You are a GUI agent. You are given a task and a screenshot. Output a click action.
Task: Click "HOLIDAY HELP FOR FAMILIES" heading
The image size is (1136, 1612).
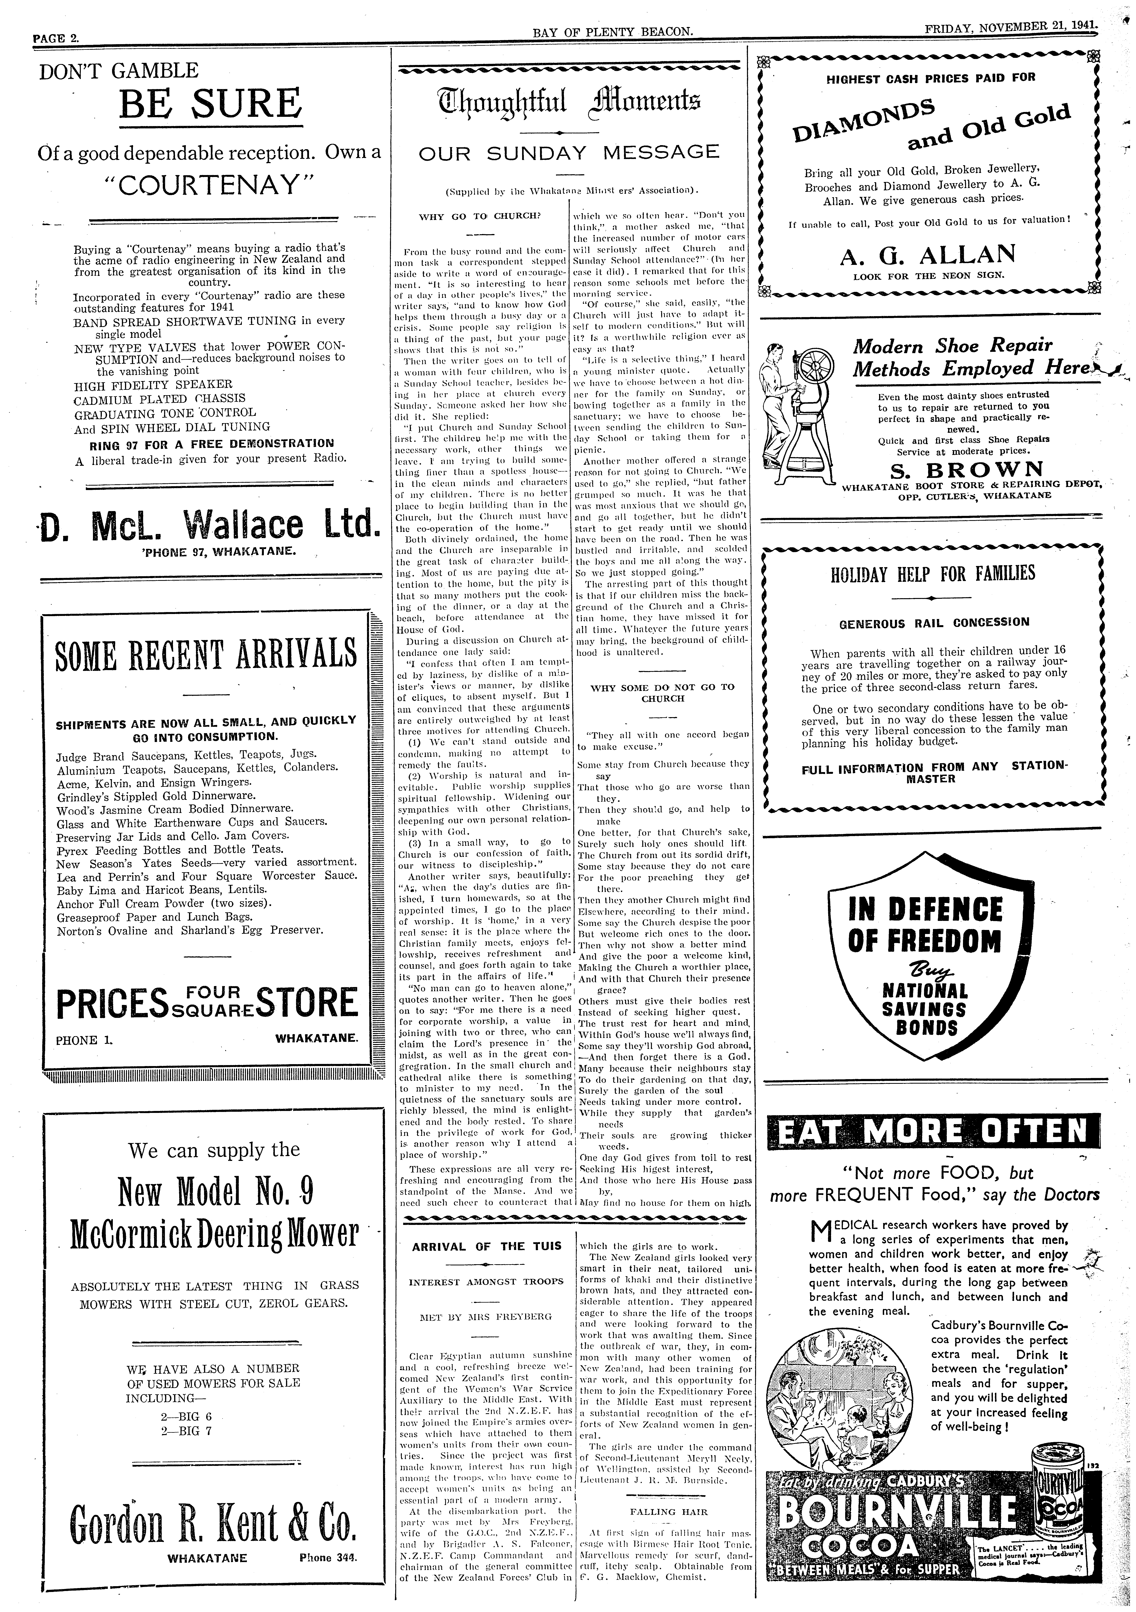click(932, 574)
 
